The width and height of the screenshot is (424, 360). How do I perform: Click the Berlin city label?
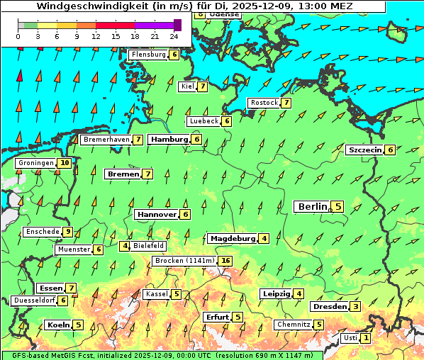[312, 206]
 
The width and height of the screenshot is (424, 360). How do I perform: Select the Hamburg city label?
[169, 140]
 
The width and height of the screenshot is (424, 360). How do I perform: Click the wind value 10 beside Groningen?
[65, 163]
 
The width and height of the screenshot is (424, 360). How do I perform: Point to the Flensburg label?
[148, 54]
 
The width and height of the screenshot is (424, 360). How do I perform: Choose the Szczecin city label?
[364, 150]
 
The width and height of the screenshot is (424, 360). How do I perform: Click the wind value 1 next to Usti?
[365, 338]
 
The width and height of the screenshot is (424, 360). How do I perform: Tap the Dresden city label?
[329, 307]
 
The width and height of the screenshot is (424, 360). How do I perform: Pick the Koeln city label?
[57, 325]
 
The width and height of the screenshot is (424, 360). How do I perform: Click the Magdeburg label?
[231, 238]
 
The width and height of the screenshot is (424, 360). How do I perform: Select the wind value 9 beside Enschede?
[68, 232]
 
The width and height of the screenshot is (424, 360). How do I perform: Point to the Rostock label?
[264, 103]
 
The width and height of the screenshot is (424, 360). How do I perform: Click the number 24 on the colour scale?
[174, 35]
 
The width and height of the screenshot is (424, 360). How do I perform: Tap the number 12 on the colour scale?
[96, 35]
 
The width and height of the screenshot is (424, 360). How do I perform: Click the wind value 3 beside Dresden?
[356, 307]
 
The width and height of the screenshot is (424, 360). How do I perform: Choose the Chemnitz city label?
[294, 325]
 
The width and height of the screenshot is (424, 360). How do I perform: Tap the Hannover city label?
[156, 214]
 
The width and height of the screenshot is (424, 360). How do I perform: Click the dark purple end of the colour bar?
[177, 25]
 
